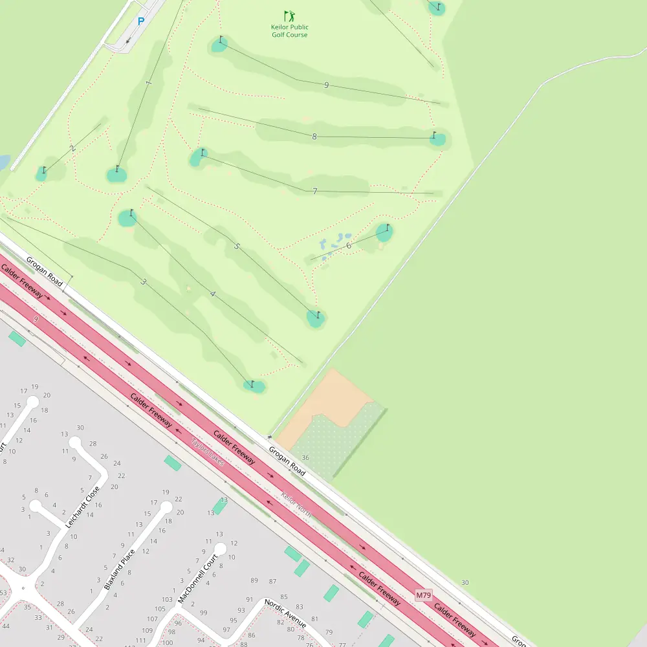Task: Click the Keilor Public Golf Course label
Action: [289, 31]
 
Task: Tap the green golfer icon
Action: [289, 16]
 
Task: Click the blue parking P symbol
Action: [140, 21]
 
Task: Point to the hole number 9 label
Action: [326, 85]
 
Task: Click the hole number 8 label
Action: [314, 137]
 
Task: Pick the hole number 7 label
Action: [315, 191]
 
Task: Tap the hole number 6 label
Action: [348, 245]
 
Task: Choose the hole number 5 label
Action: [237, 247]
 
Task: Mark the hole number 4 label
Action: [212, 294]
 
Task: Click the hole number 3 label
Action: [143, 281]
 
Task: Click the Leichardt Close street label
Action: [83, 507]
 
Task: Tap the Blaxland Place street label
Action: [120, 569]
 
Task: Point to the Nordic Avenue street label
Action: [285, 613]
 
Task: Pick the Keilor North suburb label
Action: [296, 505]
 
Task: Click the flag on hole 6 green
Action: [387, 228]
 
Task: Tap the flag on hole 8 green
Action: [434, 135]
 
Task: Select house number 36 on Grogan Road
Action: [305, 457]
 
